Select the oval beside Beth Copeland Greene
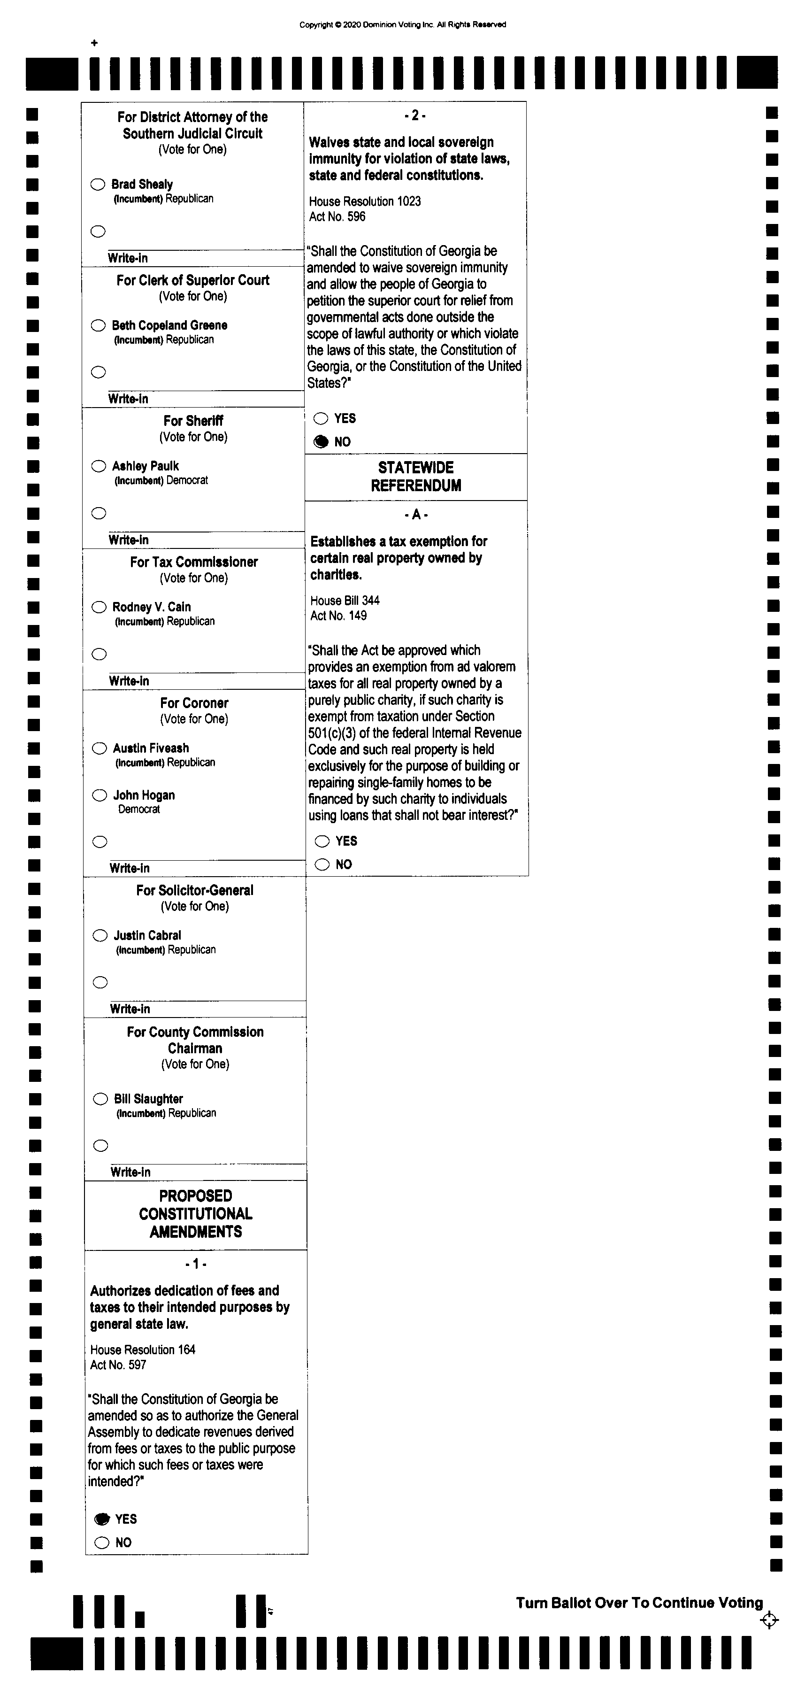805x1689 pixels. click(x=98, y=325)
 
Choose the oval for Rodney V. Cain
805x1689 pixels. click(x=99, y=607)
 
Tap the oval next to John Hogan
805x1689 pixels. click(x=100, y=795)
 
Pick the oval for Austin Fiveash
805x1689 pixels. click(x=100, y=748)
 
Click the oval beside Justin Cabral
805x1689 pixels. click(x=100, y=936)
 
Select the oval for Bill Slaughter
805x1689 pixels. click(x=100, y=1099)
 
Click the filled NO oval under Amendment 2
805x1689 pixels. click(x=321, y=441)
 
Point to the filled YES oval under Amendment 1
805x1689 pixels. click(x=101, y=1519)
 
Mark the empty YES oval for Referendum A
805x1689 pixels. click(x=322, y=841)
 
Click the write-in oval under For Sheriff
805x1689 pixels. click(x=99, y=513)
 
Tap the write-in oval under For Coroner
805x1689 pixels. click(x=100, y=842)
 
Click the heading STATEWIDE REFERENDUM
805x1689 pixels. click(x=415, y=477)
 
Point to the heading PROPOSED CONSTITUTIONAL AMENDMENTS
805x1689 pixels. click(x=195, y=1214)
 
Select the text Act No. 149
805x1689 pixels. click(x=338, y=616)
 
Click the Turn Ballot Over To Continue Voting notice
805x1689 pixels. click(x=639, y=1603)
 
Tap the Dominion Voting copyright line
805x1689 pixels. click(x=403, y=25)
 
